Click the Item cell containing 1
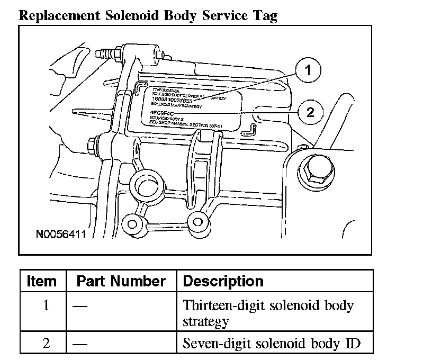[46, 306]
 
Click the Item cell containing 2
[46, 343]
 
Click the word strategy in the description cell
[205, 321]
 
